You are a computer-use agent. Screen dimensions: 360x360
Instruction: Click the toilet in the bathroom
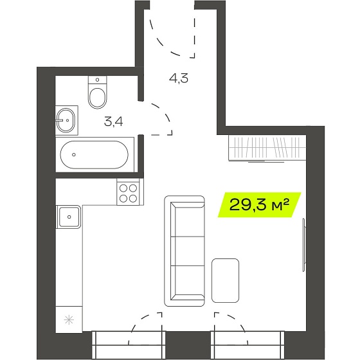(98, 93)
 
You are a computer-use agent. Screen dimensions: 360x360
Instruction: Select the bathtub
(94, 155)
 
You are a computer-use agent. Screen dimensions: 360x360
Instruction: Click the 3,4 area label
(113, 122)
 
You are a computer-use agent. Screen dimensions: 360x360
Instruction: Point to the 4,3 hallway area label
(179, 78)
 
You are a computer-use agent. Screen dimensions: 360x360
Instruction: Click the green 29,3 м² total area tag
(260, 205)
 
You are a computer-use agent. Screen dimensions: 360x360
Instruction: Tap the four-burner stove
(128, 193)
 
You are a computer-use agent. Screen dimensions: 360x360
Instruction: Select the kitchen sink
(69, 217)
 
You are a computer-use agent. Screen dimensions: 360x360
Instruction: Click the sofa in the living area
(184, 251)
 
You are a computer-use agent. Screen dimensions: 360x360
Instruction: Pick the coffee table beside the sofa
(225, 280)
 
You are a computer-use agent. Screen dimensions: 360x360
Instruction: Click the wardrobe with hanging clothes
(267, 148)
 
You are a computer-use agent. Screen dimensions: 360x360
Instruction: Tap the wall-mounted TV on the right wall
(304, 245)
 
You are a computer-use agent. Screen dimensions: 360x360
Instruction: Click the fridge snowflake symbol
(69, 320)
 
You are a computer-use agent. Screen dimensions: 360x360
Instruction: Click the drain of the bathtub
(74, 155)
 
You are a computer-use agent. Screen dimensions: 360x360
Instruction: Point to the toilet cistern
(98, 80)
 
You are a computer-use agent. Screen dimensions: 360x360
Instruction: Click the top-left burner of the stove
(123, 188)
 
